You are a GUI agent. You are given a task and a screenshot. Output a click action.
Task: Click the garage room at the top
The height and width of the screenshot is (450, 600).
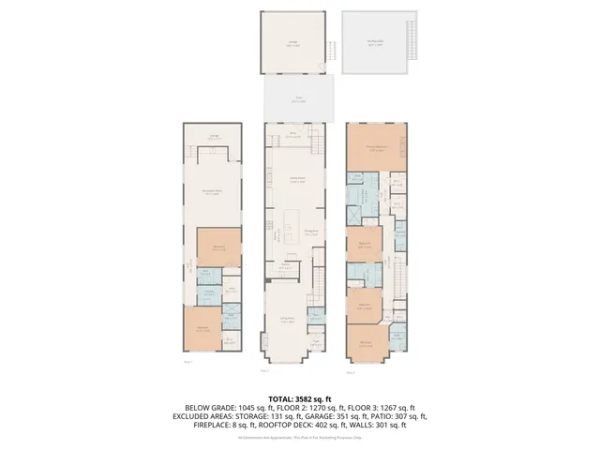294,42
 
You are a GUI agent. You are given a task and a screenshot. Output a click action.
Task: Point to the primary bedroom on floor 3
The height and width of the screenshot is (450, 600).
377,147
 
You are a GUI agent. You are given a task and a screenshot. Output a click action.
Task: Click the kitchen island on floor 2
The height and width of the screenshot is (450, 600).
298,204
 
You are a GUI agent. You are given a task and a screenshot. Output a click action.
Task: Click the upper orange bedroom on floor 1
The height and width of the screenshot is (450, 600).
217,248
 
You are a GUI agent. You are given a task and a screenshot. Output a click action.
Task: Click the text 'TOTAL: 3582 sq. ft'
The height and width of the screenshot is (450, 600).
300,398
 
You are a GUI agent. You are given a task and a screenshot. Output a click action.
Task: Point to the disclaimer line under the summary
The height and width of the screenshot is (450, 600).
300,437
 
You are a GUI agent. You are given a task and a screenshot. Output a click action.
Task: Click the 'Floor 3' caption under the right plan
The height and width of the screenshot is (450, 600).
350,372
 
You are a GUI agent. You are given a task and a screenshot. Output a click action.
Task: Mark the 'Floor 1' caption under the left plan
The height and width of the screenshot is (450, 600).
187,361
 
